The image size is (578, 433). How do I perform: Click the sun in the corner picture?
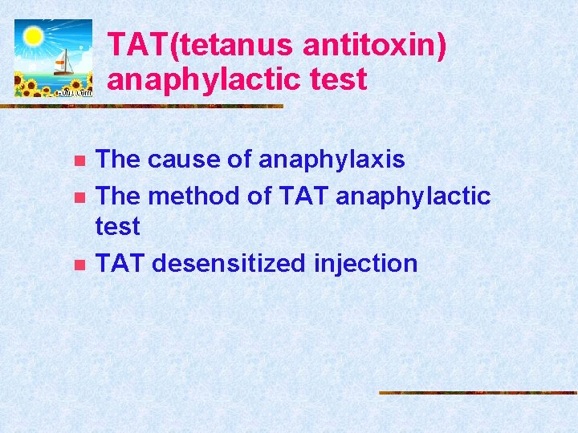(x=33, y=36)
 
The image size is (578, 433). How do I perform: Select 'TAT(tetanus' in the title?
(x=201, y=46)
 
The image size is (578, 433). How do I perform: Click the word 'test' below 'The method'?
(x=117, y=227)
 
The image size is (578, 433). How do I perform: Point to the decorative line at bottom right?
(x=478, y=393)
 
